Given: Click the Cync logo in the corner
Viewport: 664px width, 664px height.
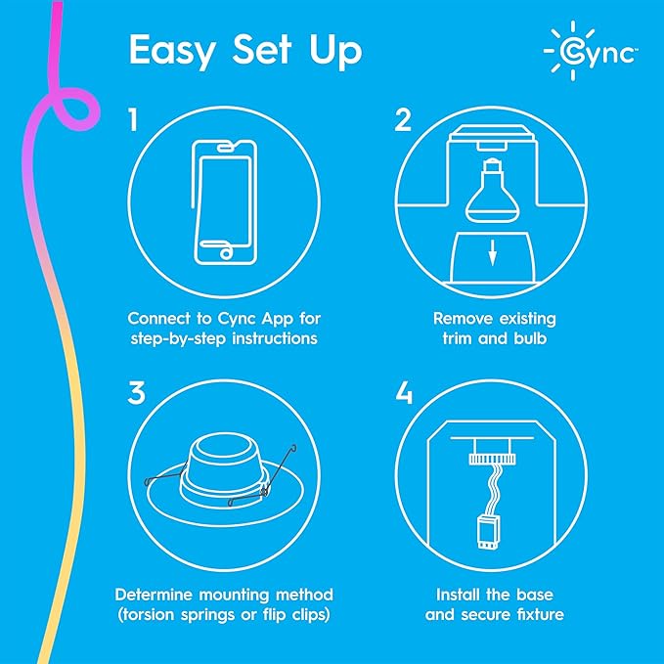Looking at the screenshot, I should (x=591, y=49).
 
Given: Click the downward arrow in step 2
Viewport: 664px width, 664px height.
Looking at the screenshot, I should (x=493, y=257).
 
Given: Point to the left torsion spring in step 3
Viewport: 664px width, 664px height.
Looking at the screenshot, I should (x=155, y=481).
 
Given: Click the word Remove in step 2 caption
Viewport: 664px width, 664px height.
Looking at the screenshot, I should (x=461, y=318).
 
